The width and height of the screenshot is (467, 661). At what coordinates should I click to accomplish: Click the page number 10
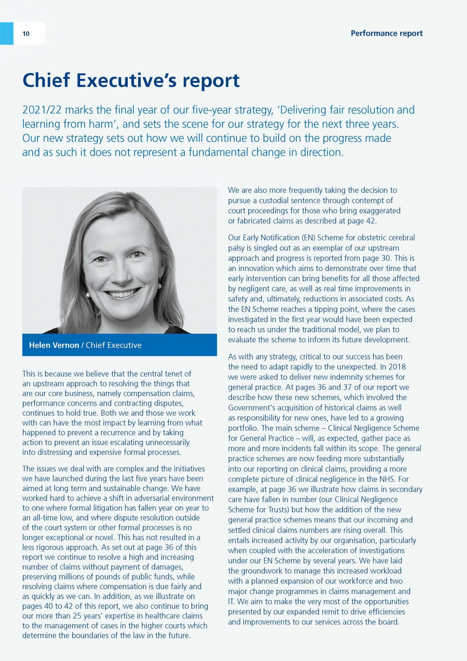[26, 34]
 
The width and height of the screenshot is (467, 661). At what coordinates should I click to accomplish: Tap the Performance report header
[387, 33]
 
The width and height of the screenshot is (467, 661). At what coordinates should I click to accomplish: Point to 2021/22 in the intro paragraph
[42, 110]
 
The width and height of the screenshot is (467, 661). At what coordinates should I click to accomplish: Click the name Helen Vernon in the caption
[54, 345]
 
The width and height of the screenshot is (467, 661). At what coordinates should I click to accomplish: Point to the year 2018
[397, 367]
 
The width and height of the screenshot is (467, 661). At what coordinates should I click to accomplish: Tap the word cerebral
[402, 238]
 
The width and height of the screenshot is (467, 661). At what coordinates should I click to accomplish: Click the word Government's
[251, 408]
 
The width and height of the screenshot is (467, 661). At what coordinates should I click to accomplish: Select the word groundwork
[264, 571]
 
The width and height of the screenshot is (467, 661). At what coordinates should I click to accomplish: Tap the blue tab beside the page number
[7, 33]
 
